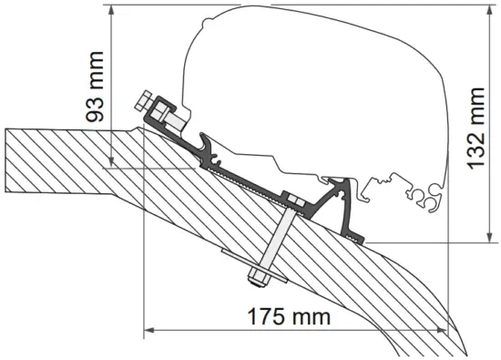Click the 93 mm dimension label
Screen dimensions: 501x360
coord(95,87)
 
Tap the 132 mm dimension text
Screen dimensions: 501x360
coord(475,129)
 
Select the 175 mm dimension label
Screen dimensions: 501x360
coord(289,317)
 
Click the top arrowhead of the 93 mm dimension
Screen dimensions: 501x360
coord(111,11)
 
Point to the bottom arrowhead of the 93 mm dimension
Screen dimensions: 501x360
coord(111,161)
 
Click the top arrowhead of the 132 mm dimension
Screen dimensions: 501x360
coord(489,11)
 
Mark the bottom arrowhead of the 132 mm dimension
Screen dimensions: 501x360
coord(489,236)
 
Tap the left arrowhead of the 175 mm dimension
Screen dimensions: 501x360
coord(150,330)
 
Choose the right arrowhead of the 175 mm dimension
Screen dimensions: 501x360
coord(442,330)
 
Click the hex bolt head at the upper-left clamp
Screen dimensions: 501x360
coord(143,100)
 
